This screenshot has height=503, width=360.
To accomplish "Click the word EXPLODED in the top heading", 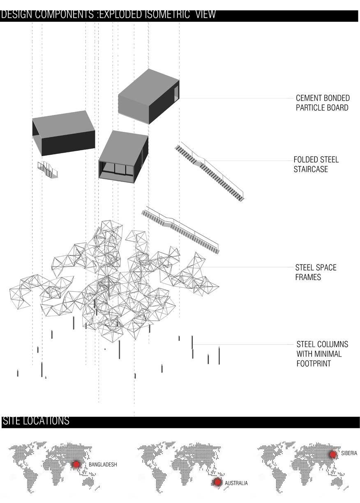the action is (x=121, y=14).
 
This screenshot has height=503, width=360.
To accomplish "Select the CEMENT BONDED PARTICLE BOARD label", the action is (x=323, y=103).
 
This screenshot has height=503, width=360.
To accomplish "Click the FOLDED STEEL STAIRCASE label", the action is (x=316, y=164).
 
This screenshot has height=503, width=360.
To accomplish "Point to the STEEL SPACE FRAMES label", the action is (x=316, y=272).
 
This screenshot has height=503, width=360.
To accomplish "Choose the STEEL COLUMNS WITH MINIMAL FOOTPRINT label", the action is (x=322, y=354).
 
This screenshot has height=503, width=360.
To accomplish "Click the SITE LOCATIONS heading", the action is (x=36, y=420).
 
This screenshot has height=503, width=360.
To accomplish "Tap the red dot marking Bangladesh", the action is (x=76, y=464).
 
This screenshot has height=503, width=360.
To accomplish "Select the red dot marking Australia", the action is (x=217, y=482).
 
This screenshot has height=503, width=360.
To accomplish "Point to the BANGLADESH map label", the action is (x=103, y=464).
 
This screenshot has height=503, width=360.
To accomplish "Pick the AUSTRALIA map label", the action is (x=236, y=483).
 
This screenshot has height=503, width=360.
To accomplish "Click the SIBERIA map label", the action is (x=349, y=453).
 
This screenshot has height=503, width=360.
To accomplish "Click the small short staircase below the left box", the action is (x=48, y=169).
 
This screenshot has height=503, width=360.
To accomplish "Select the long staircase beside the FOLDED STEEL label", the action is (x=209, y=172).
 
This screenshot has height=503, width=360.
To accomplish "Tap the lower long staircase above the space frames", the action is (x=180, y=230).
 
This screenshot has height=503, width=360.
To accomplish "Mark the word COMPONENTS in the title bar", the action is (x=65, y=14).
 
